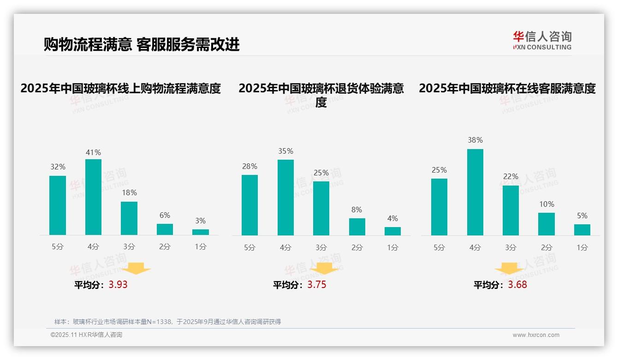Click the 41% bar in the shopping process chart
click(94, 197)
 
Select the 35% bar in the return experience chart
click(285, 198)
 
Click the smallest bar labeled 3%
click(201, 232)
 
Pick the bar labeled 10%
click(547, 224)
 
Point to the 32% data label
click(58, 167)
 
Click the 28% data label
click(250, 166)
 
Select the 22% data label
click(511, 176)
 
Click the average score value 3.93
click(118, 285)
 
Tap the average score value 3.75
click(317, 285)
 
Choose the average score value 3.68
click(517, 285)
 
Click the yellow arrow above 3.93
click(136, 269)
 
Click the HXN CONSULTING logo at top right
click(542, 40)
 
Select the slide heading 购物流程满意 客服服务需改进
click(142, 45)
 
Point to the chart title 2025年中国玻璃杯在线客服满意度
click(507, 88)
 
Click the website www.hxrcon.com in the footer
click(536, 335)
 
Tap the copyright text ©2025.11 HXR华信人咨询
click(86, 335)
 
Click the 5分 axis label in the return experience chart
click(250, 248)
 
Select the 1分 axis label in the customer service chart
click(582, 248)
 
